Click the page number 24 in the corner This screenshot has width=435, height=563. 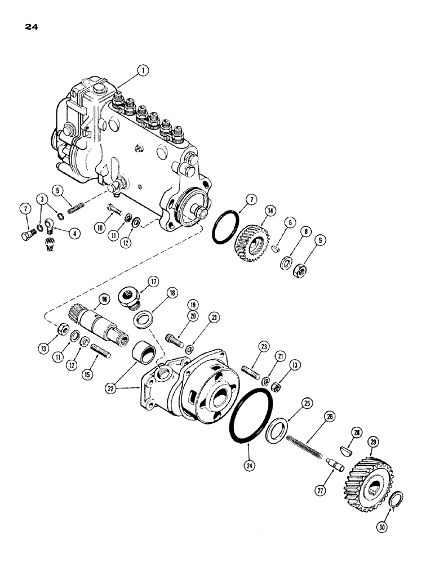32,25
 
